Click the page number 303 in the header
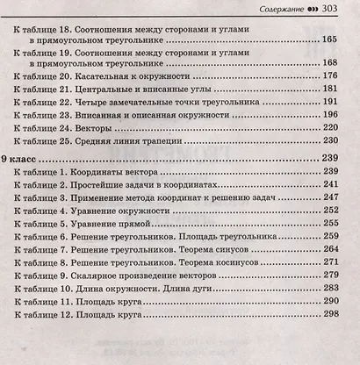coord(342,8)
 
